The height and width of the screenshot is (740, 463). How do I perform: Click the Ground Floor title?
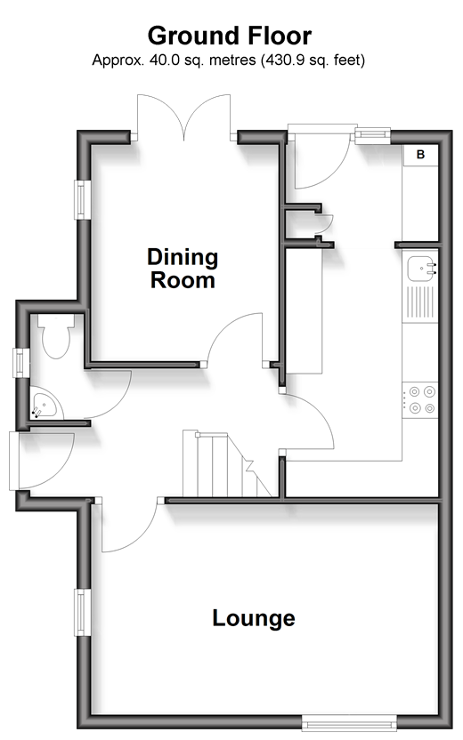click(x=230, y=36)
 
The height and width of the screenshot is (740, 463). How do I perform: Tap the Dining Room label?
click(x=183, y=269)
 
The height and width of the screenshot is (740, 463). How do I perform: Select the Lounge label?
click(x=254, y=618)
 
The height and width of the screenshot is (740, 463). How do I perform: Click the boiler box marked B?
click(x=420, y=155)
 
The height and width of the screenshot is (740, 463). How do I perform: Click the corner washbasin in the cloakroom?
click(x=43, y=404)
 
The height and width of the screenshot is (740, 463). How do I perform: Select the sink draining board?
click(x=420, y=302)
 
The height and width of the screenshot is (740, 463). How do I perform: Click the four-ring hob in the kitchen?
click(x=420, y=400)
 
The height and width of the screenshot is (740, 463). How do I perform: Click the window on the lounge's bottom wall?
click(x=349, y=722)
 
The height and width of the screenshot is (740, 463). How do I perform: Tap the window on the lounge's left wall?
click(x=83, y=613)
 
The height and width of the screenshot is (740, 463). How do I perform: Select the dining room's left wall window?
click(x=83, y=199)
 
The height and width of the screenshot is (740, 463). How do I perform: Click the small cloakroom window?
click(x=20, y=363)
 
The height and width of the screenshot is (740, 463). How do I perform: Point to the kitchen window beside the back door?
click(x=373, y=135)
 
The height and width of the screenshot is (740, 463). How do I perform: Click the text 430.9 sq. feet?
click(x=313, y=60)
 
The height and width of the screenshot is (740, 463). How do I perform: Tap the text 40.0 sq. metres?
click(x=203, y=60)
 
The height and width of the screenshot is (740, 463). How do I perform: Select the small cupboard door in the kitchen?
click(x=326, y=226)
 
